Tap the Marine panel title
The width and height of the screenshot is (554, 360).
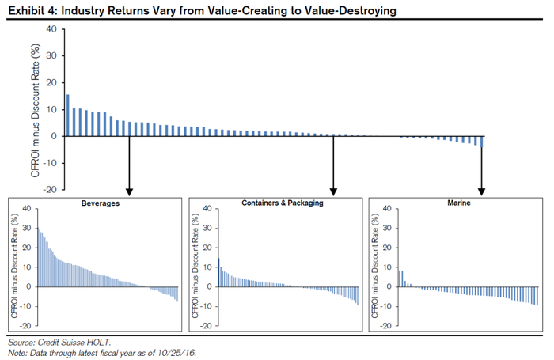pos(458,203)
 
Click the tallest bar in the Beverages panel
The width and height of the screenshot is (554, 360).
pos(38,257)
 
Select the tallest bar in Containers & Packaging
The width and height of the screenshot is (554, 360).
pos(218,272)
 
